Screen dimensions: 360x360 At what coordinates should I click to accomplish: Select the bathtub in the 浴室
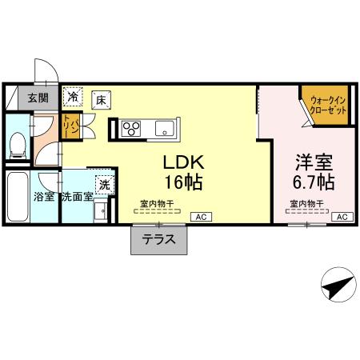(x=18, y=192)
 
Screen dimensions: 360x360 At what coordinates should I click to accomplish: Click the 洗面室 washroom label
(x=77, y=196)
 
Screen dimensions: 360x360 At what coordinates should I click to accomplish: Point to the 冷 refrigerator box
(x=74, y=98)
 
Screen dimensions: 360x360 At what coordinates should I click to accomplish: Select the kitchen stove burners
(x=131, y=127)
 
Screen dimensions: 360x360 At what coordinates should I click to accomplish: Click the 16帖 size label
(x=183, y=182)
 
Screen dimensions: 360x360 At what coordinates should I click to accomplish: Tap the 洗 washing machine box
(x=103, y=185)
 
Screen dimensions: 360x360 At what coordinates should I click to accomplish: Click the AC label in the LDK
(x=198, y=217)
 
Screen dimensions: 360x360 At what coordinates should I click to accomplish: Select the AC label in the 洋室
(x=340, y=217)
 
